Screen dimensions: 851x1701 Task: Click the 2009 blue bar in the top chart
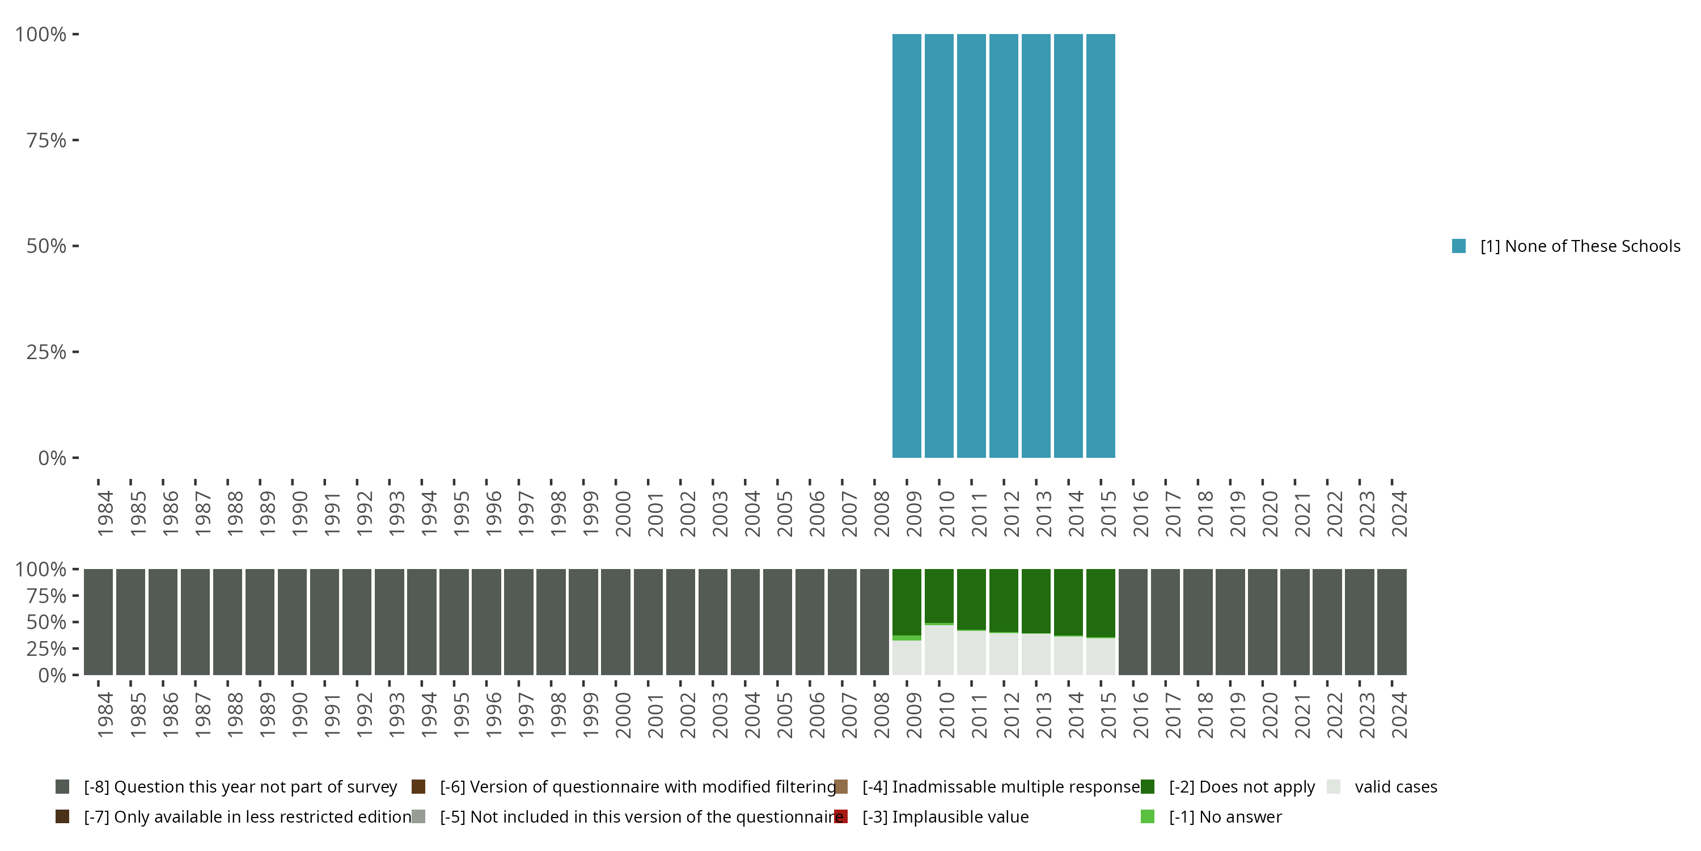907,246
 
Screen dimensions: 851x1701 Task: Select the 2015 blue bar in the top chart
1100,246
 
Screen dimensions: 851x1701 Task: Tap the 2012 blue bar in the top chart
1004,246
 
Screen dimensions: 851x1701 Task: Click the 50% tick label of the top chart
46,246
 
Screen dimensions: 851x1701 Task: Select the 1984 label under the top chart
105,513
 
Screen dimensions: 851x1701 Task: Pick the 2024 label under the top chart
1399,513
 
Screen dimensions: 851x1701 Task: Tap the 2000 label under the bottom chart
623,715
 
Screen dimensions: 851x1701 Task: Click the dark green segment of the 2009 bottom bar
907,601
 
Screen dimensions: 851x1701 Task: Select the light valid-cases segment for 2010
939,650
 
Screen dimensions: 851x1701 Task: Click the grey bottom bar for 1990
292,622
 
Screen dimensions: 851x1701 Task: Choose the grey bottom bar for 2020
1263,622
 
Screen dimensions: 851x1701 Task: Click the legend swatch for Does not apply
1148,786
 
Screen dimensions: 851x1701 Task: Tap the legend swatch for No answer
1148,816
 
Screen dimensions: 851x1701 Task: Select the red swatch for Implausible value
841,816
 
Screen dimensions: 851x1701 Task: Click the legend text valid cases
1395,786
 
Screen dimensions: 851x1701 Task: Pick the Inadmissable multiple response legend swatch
841,786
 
